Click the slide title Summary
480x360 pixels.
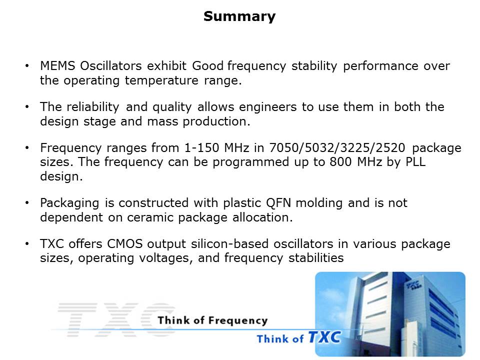click(239, 16)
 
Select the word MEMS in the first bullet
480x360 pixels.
click(57, 66)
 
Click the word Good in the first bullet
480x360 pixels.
click(208, 66)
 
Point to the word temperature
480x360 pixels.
click(161, 80)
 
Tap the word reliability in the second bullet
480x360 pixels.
click(93, 107)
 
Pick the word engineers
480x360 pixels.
click(268, 107)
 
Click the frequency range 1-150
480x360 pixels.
click(201, 148)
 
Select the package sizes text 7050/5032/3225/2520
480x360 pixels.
click(337, 148)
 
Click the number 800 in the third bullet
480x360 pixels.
click(340, 162)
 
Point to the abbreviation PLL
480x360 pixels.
click(415, 162)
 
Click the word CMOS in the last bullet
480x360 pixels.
click(125, 244)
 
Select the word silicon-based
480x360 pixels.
click(231, 244)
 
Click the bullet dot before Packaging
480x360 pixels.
click(27, 202)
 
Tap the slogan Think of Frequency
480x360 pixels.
click(213, 320)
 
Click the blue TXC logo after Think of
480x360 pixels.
click(324, 337)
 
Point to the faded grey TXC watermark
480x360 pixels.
click(116, 320)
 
